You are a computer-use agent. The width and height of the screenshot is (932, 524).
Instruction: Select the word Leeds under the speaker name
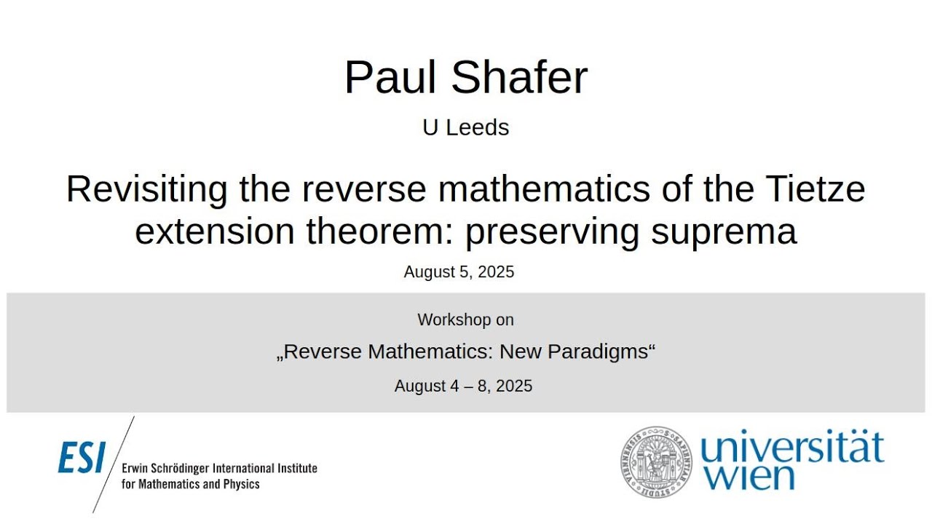(477, 127)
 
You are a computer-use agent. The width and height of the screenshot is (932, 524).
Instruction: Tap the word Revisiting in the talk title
(146, 190)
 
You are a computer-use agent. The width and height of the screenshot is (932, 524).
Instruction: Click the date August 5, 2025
(459, 272)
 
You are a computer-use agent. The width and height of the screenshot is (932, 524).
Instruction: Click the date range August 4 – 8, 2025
(463, 386)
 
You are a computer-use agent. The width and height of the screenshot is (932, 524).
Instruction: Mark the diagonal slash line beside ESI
(114, 464)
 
